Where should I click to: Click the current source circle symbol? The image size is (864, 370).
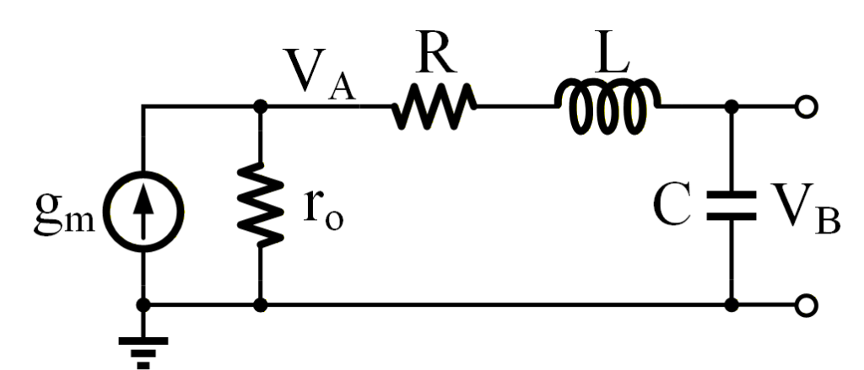click(x=143, y=206)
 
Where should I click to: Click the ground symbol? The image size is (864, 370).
click(x=143, y=347)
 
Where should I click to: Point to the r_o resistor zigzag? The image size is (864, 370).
click(x=261, y=207)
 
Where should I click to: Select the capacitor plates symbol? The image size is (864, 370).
click(x=732, y=207)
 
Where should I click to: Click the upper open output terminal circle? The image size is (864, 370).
click(x=807, y=107)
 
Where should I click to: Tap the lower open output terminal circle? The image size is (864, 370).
click(x=807, y=305)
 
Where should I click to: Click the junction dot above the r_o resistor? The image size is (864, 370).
click(x=261, y=107)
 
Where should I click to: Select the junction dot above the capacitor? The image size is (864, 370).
click(x=732, y=107)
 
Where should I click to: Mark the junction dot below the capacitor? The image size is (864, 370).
click(x=732, y=305)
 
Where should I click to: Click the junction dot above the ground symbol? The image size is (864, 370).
click(x=143, y=305)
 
